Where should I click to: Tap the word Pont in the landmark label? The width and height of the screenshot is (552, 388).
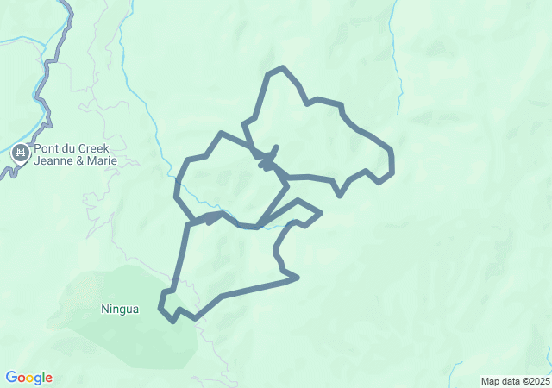[47, 148]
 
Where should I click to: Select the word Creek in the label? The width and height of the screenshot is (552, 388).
[95, 148]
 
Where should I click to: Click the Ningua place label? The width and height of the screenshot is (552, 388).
[119, 309]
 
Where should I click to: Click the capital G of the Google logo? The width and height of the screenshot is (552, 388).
[11, 378]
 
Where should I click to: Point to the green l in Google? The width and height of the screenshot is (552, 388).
[44, 378]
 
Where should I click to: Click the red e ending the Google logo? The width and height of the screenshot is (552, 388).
[49, 379]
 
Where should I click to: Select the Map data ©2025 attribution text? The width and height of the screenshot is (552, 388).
[515, 381]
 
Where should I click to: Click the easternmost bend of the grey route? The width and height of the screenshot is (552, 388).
[392, 164]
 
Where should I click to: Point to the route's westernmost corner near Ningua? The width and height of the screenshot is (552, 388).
[160, 307]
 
